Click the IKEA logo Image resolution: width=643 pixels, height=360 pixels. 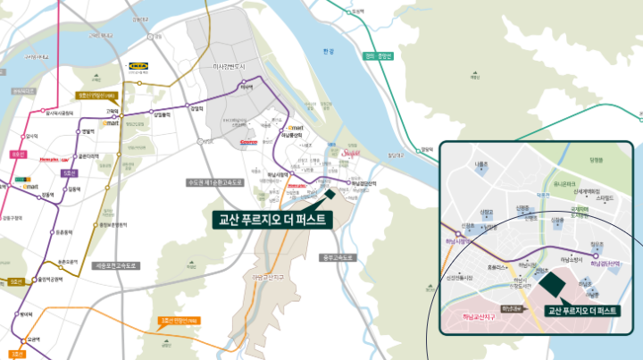[139, 65]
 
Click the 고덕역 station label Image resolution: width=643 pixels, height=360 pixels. [112, 112]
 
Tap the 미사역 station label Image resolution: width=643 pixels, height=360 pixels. [246, 87]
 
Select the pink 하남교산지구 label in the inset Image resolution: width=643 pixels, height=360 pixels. [479, 315]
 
